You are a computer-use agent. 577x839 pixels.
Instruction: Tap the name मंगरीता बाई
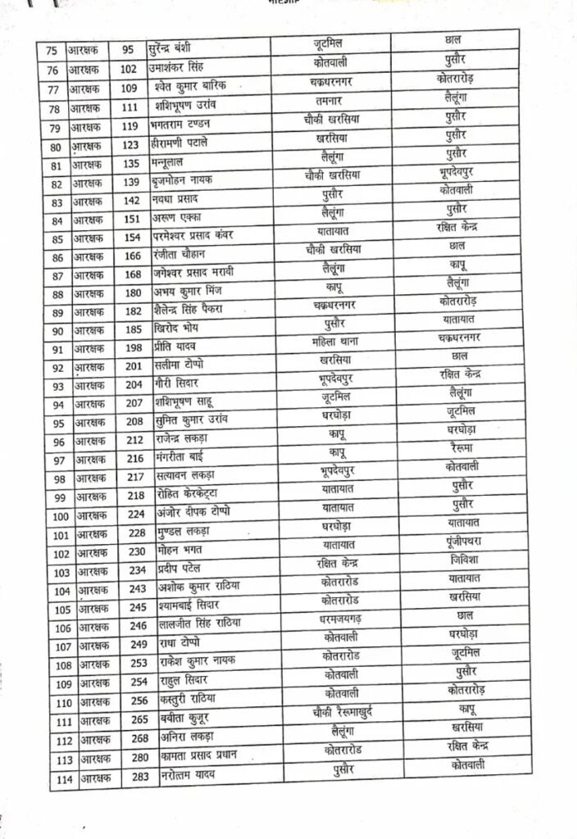coord(191,457)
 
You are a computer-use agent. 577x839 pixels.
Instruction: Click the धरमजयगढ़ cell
coord(343,617)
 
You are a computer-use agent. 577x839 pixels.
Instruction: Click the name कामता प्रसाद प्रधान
coord(205,755)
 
